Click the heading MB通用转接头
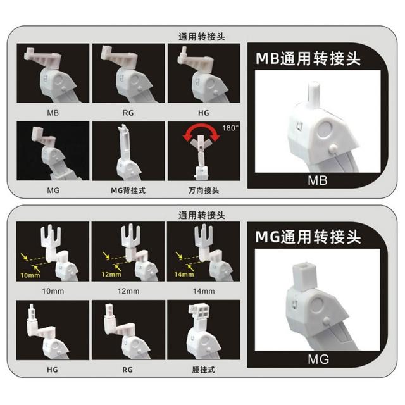pyautogui.click(x=308, y=59)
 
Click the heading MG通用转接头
pyautogui.click(x=308, y=237)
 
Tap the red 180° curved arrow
pyautogui.click(x=201, y=129)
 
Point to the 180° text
pyautogui.click(x=230, y=128)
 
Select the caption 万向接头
pyautogui.click(x=204, y=190)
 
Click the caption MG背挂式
pyautogui.click(x=128, y=190)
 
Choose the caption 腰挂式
pyautogui.click(x=204, y=370)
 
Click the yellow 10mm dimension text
pyautogui.click(x=30, y=275)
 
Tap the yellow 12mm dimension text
pyautogui.click(x=111, y=274)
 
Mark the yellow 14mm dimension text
pyautogui.click(x=184, y=274)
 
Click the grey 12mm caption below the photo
pyautogui.click(x=128, y=291)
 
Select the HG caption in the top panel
pyautogui.click(x=204, y=113)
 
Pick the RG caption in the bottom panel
pyautogui.click(x=128, y=370)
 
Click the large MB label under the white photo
pyautogui.click(x=318, y=180)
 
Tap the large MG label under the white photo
pyautogui.click(x=318, y=359)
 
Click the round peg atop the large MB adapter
pyautogui.click(x=314, y=94)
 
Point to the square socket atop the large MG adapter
pyautogui.click(x=304, y=276)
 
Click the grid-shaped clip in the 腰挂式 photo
pyautogui.click(x=199, y=311)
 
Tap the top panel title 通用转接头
pyautogui.click(x=202, y=37)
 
